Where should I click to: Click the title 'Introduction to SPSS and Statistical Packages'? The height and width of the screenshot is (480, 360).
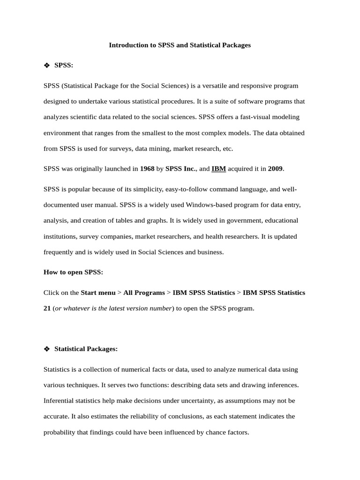pos(180,45)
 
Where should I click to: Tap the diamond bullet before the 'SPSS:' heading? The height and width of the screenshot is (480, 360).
pos(46,66)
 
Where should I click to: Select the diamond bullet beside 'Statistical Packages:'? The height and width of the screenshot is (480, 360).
pos(46,349)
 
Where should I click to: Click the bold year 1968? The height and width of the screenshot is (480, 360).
pos(148,169)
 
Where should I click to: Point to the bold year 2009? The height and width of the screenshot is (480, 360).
pos(275,169)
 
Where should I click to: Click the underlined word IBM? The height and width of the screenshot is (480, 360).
pos(218,169)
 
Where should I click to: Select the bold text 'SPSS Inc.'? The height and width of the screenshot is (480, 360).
pos(180,169)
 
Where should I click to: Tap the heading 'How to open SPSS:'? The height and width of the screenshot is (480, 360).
pos(73,272)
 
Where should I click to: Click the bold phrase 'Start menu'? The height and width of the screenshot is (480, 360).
pos(98,292)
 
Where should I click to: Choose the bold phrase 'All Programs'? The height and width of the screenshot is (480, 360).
pos(144,292)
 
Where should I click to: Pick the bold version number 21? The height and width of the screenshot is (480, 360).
pos(47,308)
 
